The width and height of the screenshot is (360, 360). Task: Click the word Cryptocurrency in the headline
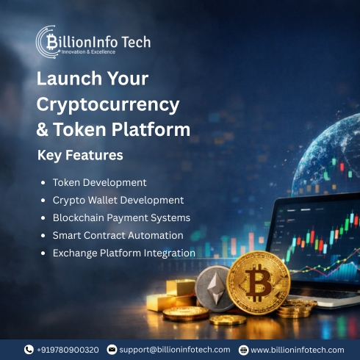point(108,104)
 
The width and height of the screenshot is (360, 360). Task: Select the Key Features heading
point(79,156)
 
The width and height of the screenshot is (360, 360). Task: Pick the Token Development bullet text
point(99,182)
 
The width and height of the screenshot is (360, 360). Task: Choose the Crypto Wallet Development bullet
point(118,200)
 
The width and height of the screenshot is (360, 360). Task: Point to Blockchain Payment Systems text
point(121,217)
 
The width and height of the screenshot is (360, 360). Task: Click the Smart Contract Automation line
point(118,235)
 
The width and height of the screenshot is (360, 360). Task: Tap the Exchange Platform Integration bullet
point(123,253)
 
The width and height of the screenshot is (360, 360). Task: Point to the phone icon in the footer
point(29,350)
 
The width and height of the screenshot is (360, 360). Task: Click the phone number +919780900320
point(68,350)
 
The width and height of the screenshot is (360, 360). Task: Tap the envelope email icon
point(112,350)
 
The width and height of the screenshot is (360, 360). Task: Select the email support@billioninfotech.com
point(176,350)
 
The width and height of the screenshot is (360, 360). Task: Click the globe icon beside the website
point(243,350)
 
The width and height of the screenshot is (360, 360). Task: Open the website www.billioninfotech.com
point(298,350)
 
